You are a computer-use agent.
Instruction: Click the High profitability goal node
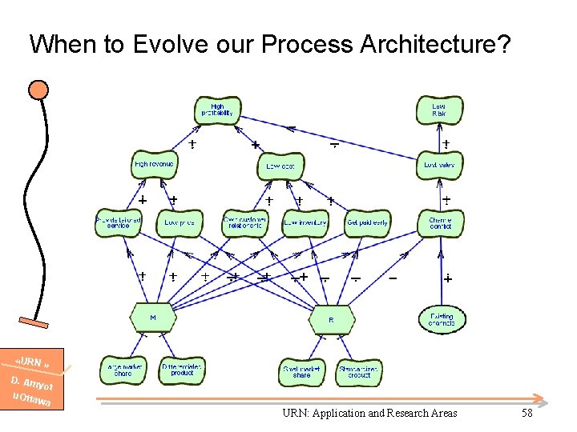pos(217,110)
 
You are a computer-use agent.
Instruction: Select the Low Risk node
pos(439,110)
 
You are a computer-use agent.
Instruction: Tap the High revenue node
pos(155,165)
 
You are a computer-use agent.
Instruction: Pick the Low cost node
pos(280,166)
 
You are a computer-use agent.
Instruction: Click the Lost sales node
pos(439,165)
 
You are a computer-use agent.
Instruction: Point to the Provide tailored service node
pos(119,223)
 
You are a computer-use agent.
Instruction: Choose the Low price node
pos(180,223)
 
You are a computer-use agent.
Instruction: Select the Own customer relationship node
pos(243,223)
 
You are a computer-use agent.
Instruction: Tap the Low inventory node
pos(305,223)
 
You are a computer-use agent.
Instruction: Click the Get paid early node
pos(367,223)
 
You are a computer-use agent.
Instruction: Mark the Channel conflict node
pos(441,223)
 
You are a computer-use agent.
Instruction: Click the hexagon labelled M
pos(152,318)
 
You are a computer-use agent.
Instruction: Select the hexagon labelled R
pos(331,319)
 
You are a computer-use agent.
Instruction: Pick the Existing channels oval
pos(442,320)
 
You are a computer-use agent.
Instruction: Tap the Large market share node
pos(123,370)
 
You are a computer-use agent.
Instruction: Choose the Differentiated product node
pos(182,370)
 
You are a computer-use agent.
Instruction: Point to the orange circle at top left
pos(38,89)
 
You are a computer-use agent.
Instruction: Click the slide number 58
pos(527,413)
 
